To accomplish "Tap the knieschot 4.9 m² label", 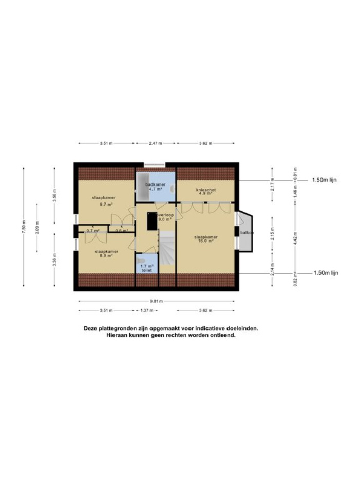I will pos(205,191).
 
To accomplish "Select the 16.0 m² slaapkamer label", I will pos(205,239).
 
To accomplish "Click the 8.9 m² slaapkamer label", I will pos(106,254).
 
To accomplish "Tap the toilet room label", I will pos(147,268).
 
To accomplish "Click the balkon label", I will pos(247,232).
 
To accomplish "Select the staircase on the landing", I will pos(167,248).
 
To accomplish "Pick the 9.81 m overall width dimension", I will pos(156,301).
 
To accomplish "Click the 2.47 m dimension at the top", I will pos(155,143).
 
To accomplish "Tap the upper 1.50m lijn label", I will pos(325,180).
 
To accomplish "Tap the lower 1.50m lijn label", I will pos(326,273).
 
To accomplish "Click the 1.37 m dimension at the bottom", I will pos(148,310).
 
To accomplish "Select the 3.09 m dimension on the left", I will pos(37,227).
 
